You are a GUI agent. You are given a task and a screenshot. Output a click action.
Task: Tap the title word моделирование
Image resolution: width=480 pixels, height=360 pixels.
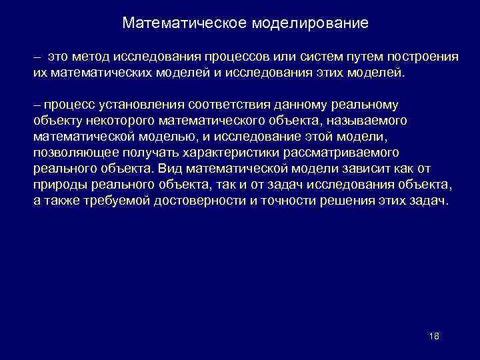310,23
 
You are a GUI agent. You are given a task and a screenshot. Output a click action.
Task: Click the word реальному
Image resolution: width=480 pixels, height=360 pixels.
370,105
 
